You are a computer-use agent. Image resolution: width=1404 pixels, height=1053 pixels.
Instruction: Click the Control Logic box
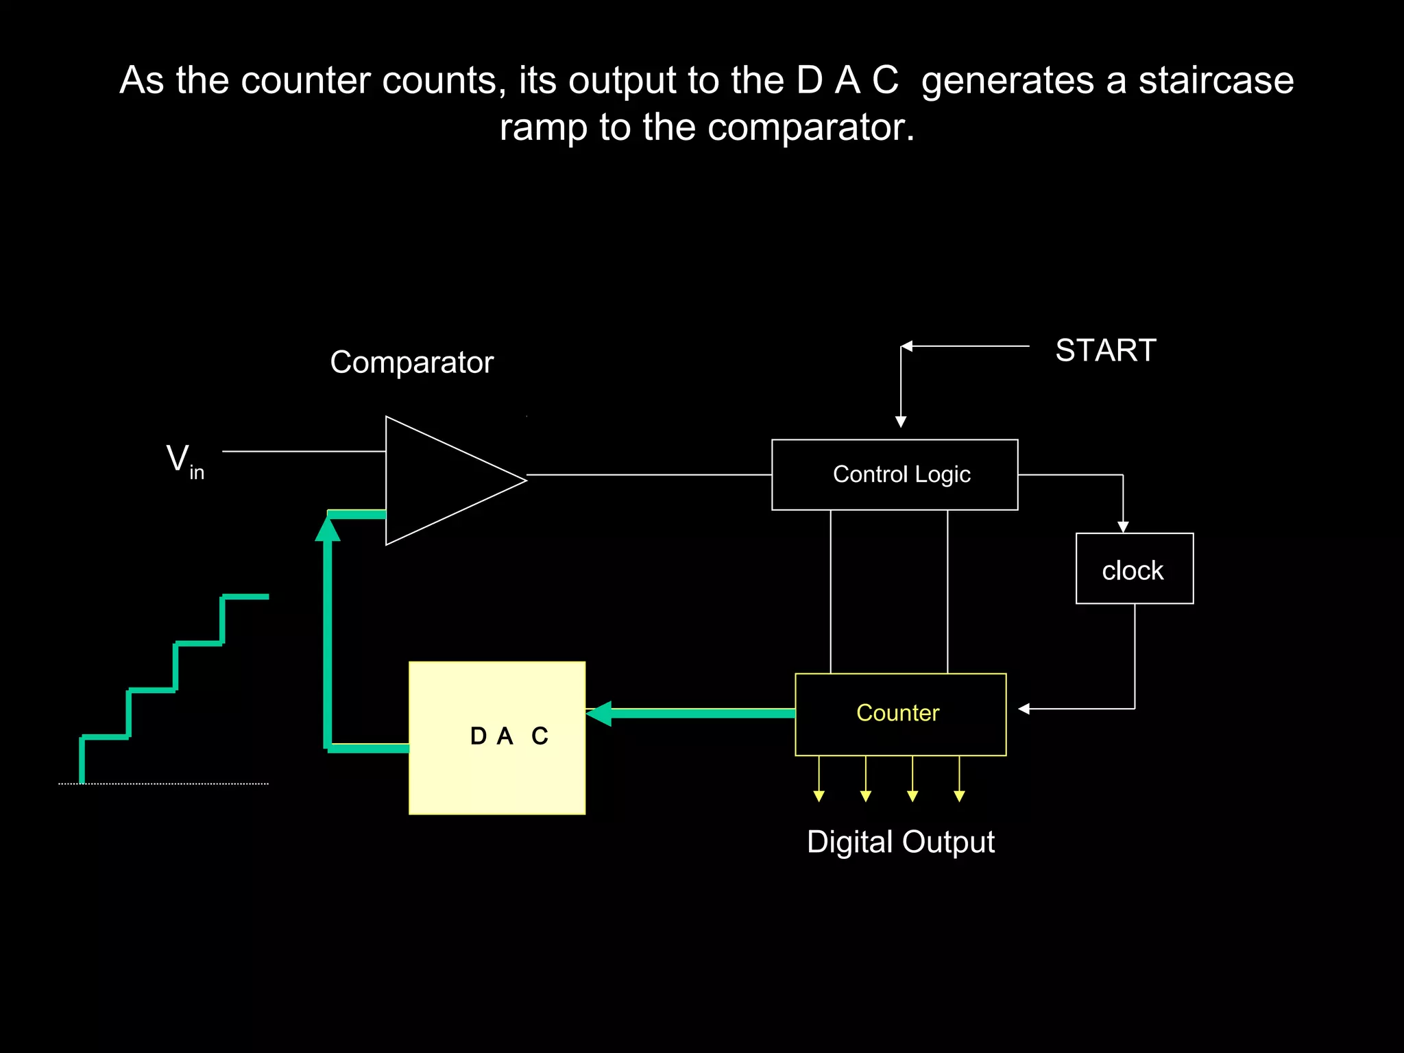[x=895, y=474]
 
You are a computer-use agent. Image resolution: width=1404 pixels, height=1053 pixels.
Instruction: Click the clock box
[x=1134, y=568]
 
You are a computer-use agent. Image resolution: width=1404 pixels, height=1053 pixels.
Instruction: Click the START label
[x=1105, y=350]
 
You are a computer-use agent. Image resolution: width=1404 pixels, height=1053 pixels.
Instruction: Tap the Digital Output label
[x=900, y=841]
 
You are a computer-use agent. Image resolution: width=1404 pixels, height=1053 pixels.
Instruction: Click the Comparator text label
[x=411, y=362]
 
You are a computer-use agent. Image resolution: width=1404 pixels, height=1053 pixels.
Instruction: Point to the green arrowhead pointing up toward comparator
[x=328, y=529]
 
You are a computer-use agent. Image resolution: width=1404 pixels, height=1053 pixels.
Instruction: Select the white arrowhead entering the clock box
[x=1123, y=526]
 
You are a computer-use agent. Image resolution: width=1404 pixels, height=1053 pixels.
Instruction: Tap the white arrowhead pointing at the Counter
[x=1024, y=709]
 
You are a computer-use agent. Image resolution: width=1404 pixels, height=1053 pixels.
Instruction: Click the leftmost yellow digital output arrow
[x=819, y=795]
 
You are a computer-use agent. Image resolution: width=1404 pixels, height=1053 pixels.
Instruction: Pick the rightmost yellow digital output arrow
[x=959, y=795]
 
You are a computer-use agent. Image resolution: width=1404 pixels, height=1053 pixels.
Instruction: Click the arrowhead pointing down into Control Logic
[x=901, y=422]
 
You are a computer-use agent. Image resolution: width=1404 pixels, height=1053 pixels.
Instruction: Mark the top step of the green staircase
[x=245, y=596]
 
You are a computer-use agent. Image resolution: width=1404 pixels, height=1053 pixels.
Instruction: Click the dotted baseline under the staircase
[x=165, y=783]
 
